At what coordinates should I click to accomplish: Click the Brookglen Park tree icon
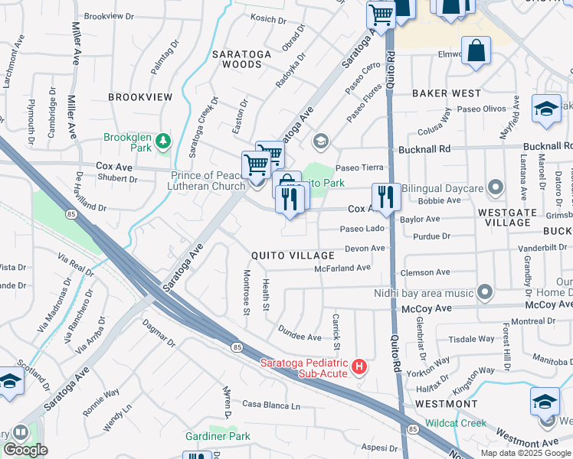(x=162, y=141)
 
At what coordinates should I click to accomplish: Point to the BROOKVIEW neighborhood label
(x=140, y=97)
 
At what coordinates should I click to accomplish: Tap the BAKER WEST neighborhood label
(x=446, y=93)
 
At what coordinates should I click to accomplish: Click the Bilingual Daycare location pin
(x=496, y=187)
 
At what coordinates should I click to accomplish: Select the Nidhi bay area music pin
(x=483, y=292)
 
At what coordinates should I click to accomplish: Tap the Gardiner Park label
(x=218, y=436)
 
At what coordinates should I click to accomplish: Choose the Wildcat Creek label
(x=456, y=422)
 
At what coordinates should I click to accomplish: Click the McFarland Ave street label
(x=342, y=269)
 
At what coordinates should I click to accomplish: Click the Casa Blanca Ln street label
(x=271, y=405)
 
